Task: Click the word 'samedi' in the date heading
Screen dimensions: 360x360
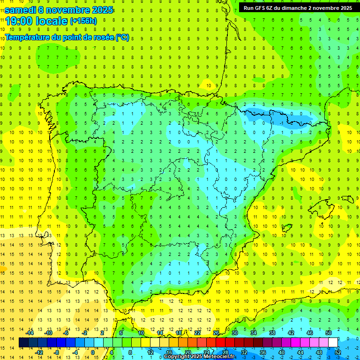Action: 22,10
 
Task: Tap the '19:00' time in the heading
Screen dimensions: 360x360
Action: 18,21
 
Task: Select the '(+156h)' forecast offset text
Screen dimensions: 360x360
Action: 83,21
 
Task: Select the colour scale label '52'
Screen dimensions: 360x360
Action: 337,352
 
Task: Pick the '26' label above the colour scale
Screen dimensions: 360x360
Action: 216,333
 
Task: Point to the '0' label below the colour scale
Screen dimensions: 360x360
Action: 93,352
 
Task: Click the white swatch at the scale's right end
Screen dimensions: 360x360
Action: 333,343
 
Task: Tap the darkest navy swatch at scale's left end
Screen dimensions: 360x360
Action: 23,343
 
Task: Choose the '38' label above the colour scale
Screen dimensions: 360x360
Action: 272,333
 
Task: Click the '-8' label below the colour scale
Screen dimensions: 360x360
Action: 57,352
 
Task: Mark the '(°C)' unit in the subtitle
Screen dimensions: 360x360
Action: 122,37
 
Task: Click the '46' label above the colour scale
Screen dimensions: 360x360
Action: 309,333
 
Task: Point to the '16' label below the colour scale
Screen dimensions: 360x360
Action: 169,352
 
